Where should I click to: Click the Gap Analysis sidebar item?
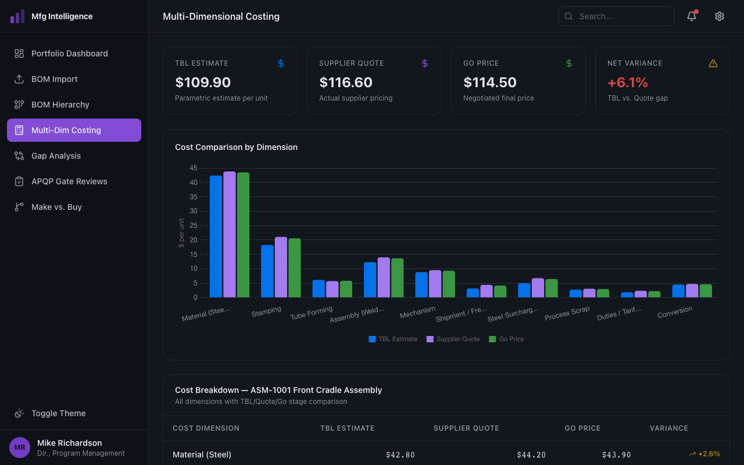point(56,156)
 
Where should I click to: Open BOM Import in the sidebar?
point(54,79)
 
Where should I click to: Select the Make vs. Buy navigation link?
point(56,207)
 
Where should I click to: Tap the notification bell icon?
point(692,16)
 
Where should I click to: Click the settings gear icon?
point(720,16)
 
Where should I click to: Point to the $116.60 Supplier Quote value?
point(346,83)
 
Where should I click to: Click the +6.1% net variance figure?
point(628,83)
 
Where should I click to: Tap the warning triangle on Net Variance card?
point(713,63)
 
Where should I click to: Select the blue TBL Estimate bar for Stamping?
point(267,271)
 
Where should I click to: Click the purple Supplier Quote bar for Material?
point(230,234)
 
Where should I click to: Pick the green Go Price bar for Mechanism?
point(449,284)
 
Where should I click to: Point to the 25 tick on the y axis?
point(194,226)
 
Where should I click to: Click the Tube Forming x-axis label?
point(312,313)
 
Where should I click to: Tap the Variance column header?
point(668,428)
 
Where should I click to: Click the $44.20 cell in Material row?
point(531,455)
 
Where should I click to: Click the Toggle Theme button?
point(58,413)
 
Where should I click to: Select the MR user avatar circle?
point(20,448)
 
